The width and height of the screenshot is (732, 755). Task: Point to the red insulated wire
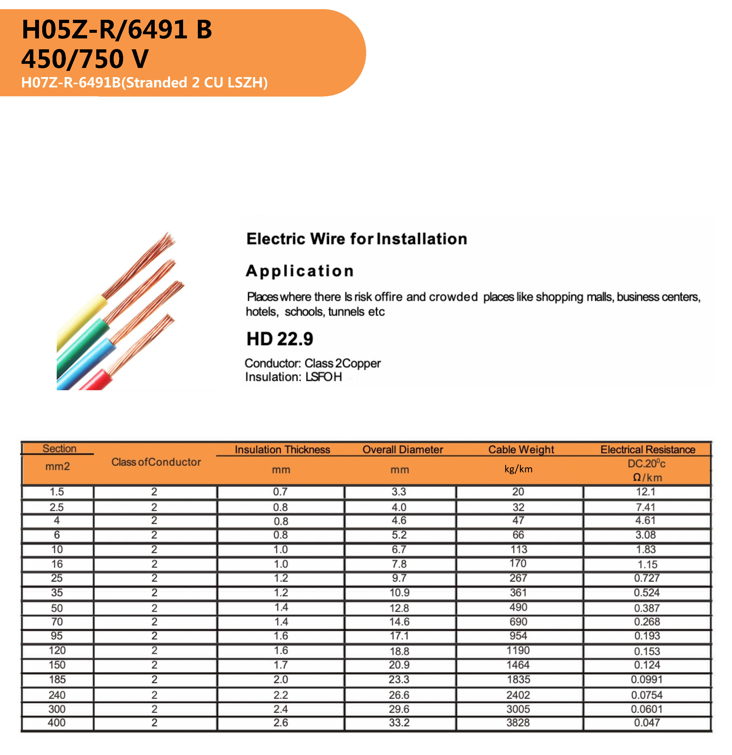[96, 381]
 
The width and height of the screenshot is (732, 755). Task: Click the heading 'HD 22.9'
[280, 339]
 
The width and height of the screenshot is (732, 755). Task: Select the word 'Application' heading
[300, 271]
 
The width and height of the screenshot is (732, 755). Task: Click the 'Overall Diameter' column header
[403, 450]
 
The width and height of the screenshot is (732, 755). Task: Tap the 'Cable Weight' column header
[521, 450]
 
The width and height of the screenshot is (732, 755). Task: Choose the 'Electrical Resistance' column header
[648, 450]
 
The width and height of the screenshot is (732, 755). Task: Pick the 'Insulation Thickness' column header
[282, 450]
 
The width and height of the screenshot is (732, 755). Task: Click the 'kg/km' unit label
[518, 469]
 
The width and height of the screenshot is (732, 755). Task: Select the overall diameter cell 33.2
[399, 723]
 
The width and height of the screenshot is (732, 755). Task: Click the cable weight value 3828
[518, 723]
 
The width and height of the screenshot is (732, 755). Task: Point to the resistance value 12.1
[646, 492]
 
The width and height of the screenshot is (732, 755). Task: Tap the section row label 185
[57, 679]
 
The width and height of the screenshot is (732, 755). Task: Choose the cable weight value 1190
[518, 651]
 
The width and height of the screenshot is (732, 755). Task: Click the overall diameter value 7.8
[399, 564]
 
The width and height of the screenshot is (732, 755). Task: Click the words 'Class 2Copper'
[342, 363]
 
